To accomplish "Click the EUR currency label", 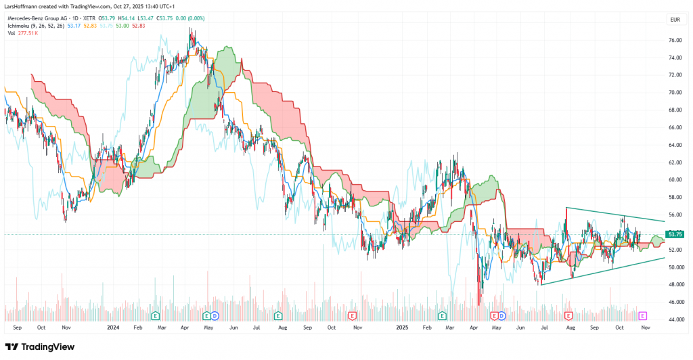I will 674,20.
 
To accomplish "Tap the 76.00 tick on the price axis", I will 674,40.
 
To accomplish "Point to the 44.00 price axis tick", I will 674,319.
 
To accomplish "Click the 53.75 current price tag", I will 675,235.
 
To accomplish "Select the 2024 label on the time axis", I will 114,327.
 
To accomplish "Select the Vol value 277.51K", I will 26,34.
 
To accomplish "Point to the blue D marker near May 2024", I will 215,315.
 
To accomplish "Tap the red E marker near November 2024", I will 352,315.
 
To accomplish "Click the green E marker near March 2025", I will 443,315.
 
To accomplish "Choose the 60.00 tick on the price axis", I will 674,180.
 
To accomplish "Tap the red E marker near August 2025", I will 568,315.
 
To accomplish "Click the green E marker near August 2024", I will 277,315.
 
